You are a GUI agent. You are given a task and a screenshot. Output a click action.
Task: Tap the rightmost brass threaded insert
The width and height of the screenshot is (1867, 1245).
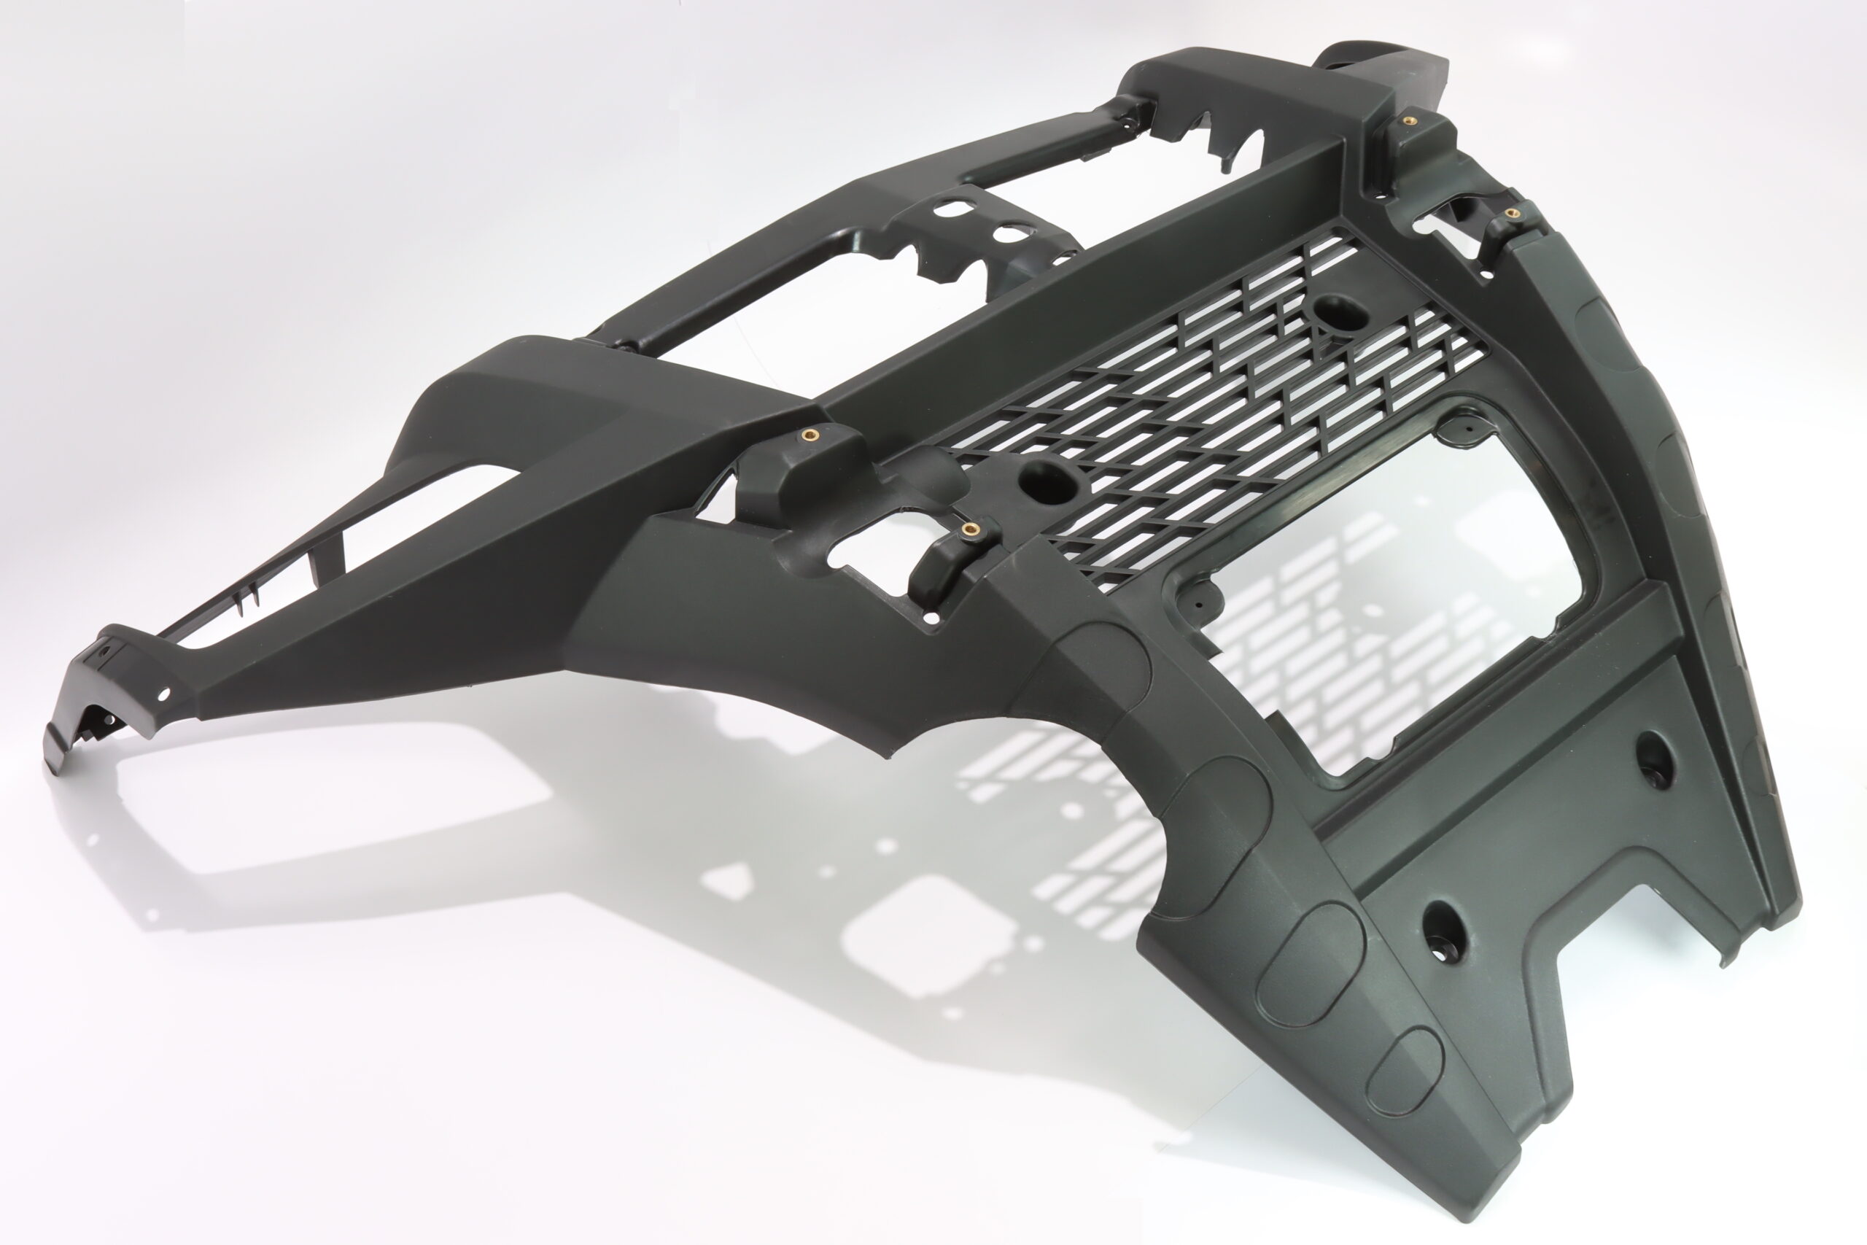[1509, 213]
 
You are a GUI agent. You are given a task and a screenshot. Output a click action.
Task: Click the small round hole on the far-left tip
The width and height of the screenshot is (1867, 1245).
[164, 694]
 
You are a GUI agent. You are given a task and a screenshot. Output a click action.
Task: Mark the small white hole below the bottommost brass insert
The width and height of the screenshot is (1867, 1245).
[932, 617]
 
